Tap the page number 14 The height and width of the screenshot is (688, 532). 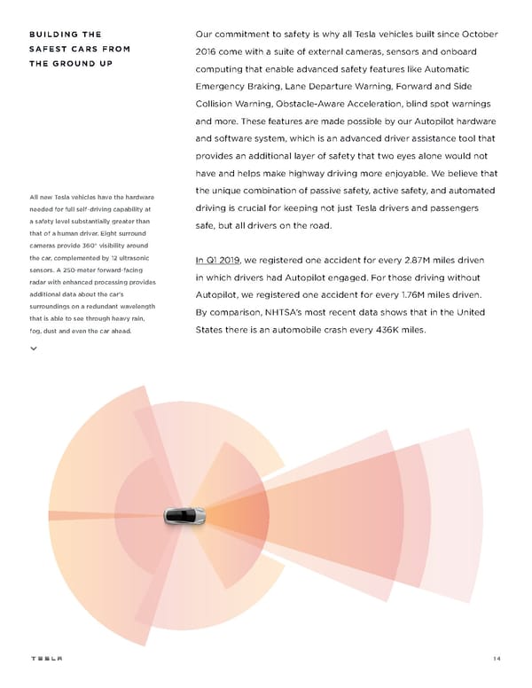pos(497,659)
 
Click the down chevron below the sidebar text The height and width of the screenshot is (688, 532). pos(34,348)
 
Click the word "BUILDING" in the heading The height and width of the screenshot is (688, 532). pos(51,35)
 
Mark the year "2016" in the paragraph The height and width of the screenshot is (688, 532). pos(208,52)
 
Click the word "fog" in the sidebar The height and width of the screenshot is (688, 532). pos(34,332)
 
